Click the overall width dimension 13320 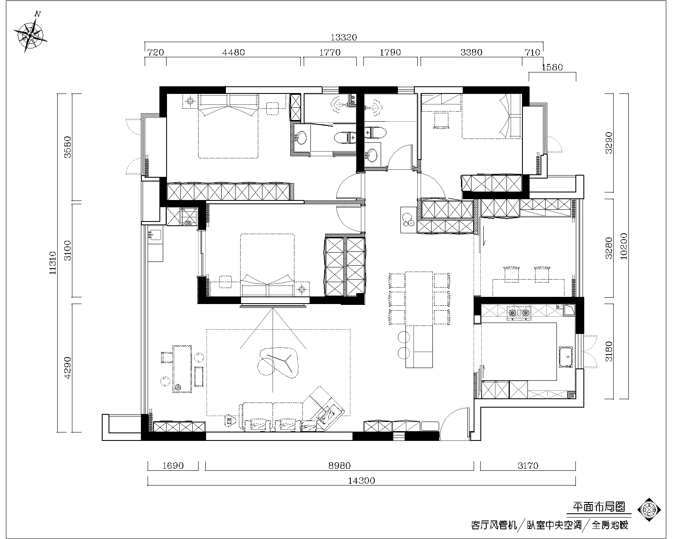pos(343,37)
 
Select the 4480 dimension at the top pos(233,53)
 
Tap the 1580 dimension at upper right pos(552,67)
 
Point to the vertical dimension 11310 pos(53,263)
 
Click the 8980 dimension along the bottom pos(339,466)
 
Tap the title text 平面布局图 pos(599,507)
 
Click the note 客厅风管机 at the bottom pos(494,525)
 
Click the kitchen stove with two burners pos(519,313)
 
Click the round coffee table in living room pos(277,360)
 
